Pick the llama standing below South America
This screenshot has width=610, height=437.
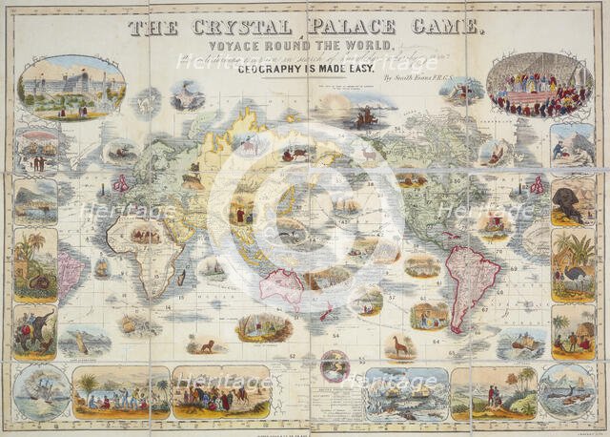[x=400, y=345]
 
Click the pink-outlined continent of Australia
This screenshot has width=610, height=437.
[x=282, y=285]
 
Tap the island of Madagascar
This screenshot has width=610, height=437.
[x=181, y=278]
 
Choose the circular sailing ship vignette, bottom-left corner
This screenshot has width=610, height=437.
[x=42, y=392]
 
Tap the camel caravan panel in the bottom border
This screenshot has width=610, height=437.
[x=220, y=392]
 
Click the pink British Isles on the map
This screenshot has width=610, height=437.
[x=122, y=181]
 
